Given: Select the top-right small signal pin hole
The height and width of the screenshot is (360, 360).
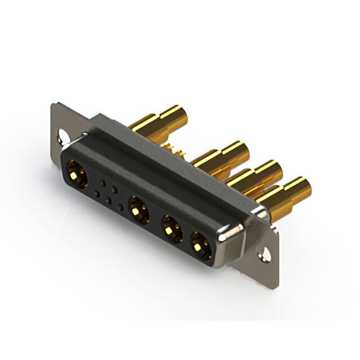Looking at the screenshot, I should pos(115,190).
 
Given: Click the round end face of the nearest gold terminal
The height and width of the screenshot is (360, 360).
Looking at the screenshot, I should pos(302,186).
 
